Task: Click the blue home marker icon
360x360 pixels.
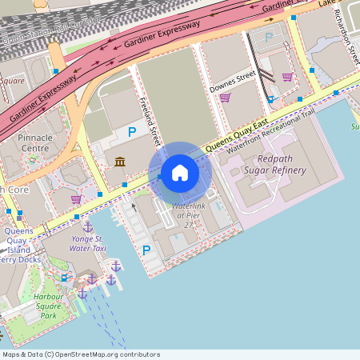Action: [180, 173]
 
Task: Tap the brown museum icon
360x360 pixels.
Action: [120, 162]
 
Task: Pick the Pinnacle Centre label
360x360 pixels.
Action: [34, 142]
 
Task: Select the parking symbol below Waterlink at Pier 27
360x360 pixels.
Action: [146, 250]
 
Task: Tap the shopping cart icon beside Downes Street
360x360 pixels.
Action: [226, 98]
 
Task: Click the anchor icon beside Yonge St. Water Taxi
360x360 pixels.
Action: [87, 227]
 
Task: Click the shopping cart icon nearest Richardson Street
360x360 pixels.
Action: [287, 77]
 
